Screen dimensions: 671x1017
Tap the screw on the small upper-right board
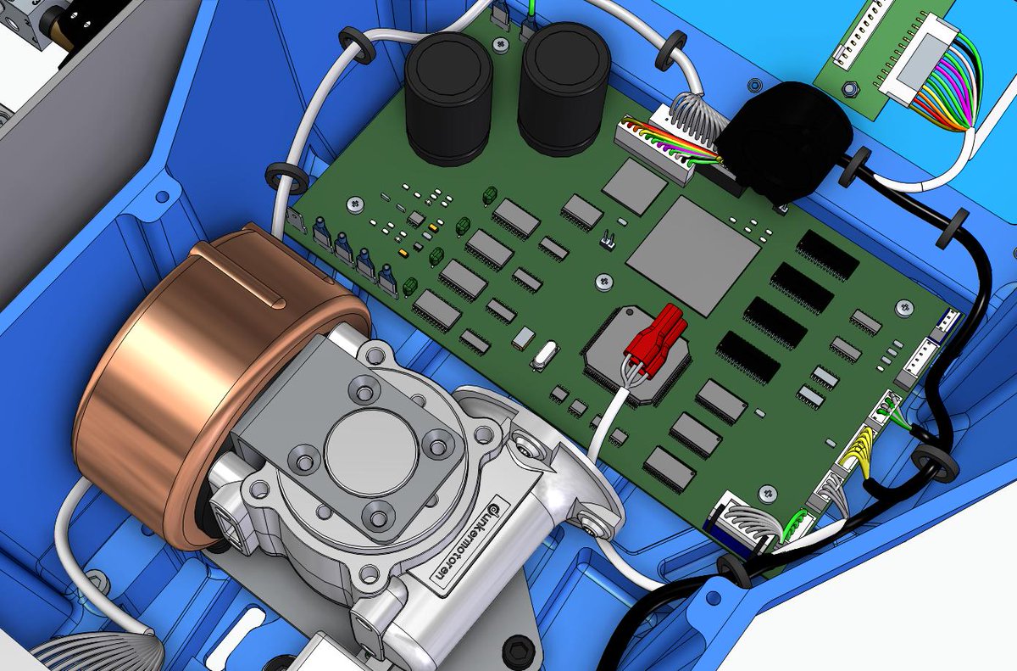pyautogui.click(x=848, y=87)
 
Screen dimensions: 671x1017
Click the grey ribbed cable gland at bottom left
pyautogui.click(x=110, y=653)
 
